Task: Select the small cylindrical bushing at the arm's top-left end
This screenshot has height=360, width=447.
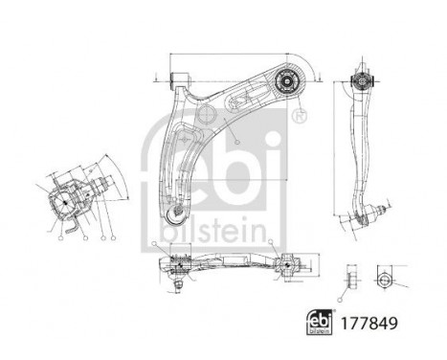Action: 176,76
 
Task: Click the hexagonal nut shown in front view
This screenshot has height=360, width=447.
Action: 382,279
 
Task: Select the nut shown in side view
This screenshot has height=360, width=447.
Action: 348,279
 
